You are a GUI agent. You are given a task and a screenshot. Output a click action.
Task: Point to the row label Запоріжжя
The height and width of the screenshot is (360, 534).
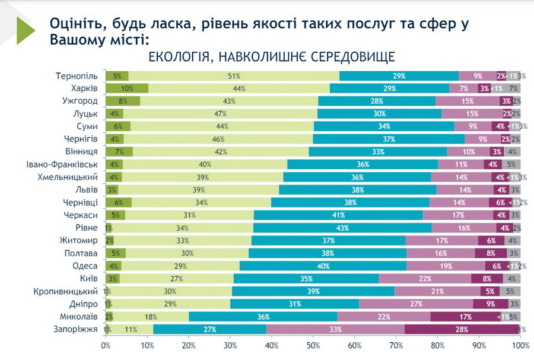pyautogui.click(x=75, y=329)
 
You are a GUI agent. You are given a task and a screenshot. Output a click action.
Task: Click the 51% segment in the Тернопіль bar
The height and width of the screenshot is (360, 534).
pyautogui.click(x=234, y=76)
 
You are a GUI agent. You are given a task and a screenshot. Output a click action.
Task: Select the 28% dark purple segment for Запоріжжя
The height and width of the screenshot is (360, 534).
pyautogui.click(x=462, y=329)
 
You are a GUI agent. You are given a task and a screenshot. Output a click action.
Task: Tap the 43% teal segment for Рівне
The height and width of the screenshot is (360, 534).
pyautogui.click(x=342, y=228)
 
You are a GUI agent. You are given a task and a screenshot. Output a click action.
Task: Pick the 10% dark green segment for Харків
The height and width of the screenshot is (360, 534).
pyautogui.click(x=126, y=88)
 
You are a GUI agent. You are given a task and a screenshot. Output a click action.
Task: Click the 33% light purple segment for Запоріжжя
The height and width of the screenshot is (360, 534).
pyautogui.click(x=336, y=329)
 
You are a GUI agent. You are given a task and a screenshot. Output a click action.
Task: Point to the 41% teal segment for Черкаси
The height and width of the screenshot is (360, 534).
pyautogui.click(x=338, y=215)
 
